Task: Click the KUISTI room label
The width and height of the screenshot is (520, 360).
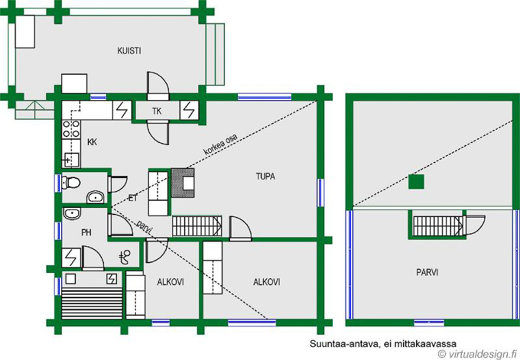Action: coord(129,51)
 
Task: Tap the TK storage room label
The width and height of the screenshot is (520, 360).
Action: coord(157,111)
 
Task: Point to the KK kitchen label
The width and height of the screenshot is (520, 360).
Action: coord(92,142)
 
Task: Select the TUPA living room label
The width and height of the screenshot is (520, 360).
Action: coord(265,176)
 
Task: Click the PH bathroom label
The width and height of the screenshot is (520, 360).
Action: coord(86,233)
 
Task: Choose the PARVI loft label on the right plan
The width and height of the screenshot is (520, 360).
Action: coord(427,272)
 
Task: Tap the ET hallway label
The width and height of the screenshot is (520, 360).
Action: coord(133,198)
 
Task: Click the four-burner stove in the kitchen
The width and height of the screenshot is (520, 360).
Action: coord(71,129)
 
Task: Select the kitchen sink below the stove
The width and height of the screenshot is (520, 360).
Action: coord(71,160)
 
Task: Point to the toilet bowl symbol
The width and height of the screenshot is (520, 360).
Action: coord(71,183)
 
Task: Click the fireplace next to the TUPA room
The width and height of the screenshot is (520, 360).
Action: coord(183,183)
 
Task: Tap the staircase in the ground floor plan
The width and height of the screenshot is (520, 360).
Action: coord(197,225)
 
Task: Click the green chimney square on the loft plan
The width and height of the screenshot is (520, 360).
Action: coord(416,181)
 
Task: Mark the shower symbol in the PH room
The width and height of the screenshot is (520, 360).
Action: coord(125,257)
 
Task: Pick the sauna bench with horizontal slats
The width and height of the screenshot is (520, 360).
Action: coord(92,303)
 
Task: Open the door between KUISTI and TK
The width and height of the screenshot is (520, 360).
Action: coord(158,86)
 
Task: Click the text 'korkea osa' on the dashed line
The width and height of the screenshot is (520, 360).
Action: coord(220,145)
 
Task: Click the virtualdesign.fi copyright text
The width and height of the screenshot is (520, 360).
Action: coord(477,354)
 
